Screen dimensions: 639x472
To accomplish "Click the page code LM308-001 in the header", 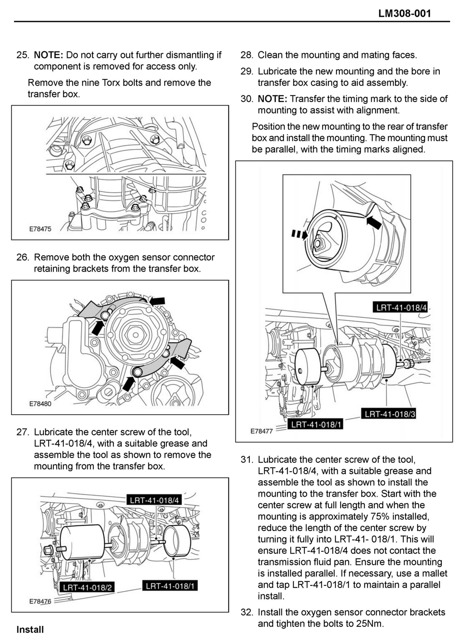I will tap(405, 13).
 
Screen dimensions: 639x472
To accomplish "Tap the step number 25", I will tap(23, 55).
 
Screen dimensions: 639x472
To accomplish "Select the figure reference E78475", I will tap(40, 229).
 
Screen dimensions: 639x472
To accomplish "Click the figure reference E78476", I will tap(40, 601).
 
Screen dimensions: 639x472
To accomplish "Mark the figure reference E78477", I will tap(261, 431).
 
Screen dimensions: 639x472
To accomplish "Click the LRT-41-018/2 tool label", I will tap(87, 587).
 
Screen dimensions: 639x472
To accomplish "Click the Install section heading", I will tap(30, 629).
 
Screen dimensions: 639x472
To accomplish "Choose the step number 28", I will tap(247, 55).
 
